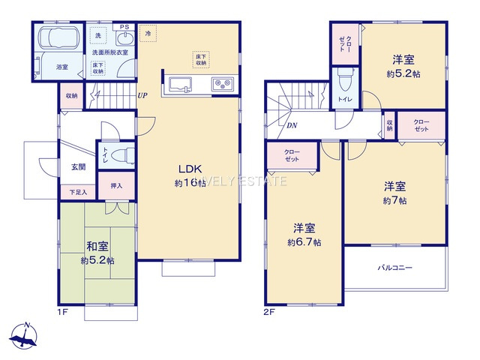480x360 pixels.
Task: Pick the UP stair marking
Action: click(x=142, y=95)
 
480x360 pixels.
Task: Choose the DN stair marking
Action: click(x=291, y=125)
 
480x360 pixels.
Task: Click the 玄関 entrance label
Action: click(x=78, y=166)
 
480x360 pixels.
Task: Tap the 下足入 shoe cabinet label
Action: click(x=78, y=193)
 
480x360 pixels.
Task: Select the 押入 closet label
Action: click(x=116, y=185)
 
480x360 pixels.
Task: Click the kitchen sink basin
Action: click(x=182, y=82)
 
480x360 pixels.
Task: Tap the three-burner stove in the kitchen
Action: click(x=223, y=82)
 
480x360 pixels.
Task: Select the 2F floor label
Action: click(x=268, y=310)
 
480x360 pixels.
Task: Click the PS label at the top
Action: click(x=124, y=27)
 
